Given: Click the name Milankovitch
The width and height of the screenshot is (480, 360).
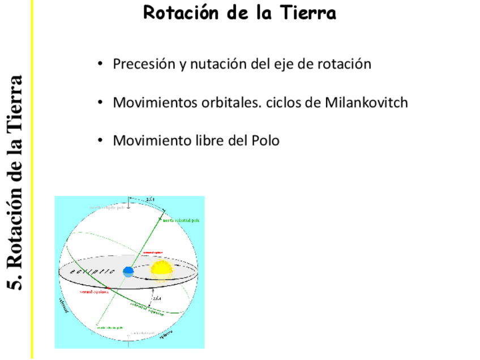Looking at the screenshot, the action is (366, 103).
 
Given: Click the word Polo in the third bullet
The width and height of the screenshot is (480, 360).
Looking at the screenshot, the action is (264, 140).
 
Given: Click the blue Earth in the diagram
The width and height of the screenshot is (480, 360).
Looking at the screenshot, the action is (128, 271).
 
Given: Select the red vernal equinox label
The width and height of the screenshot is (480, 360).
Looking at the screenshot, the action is (93, 292).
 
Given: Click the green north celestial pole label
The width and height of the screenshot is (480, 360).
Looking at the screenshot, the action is (181, 220).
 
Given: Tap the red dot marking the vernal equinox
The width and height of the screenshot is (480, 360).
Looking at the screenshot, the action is (109, 289).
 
